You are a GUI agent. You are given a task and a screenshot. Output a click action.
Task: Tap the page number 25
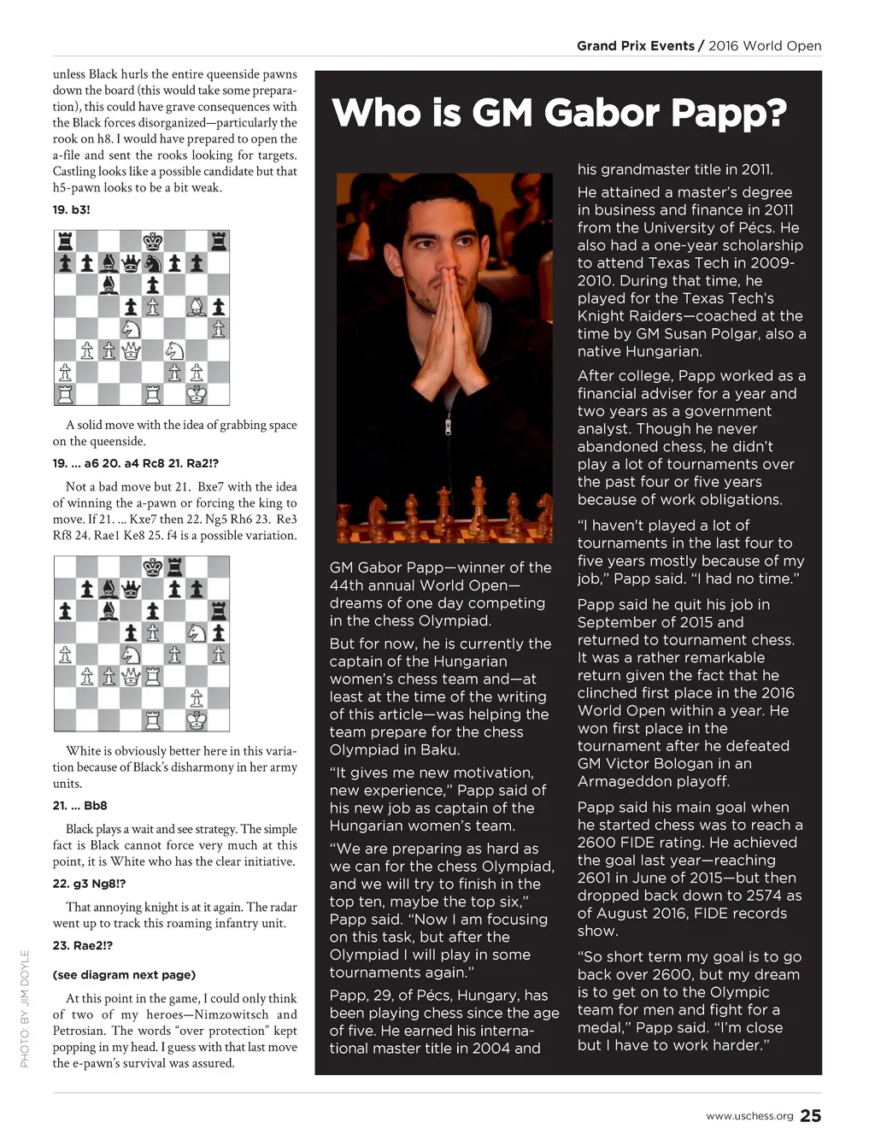pyautogui.click(x=810, y=1115)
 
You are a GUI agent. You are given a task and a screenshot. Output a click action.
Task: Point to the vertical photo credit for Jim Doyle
pyautogui.click(x=25, y=1009)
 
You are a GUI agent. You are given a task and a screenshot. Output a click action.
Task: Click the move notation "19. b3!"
pyautogui.click(x=71, y=209)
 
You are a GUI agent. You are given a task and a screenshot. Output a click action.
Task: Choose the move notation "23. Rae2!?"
pyautogui.click(x=82, y=945)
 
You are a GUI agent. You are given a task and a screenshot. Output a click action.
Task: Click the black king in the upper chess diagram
pyautogui.click(x=152, y=241)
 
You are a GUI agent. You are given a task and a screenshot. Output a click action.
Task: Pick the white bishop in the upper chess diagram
pyautogui.click(x=197, y=307)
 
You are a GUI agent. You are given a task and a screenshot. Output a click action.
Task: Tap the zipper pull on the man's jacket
pyautogui.click(x=447, y=425)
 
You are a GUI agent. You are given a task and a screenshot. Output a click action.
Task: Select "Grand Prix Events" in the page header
pyautogui.click(x=635, y=46)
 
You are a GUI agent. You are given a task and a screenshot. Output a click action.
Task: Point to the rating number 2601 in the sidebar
pyautogui.click(x=596, y=878)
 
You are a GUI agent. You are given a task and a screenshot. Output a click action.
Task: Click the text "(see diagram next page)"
pyautogui.click(x=124, y=974)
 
